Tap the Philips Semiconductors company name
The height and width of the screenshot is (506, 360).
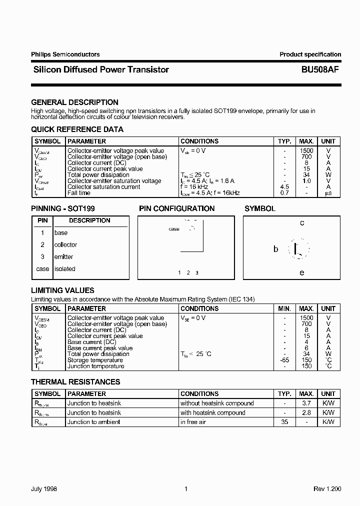coord(65,54)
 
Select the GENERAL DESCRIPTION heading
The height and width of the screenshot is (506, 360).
coord(74,102)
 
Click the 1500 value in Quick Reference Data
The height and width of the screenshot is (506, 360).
coord(306,150)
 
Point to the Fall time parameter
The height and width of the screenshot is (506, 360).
coord(79,193)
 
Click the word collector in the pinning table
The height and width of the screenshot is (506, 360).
coord(65,244)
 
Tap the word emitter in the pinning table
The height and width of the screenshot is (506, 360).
coord(63,256)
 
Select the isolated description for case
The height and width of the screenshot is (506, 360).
coord(64,268)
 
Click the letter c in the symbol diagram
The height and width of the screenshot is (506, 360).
coord(302,223)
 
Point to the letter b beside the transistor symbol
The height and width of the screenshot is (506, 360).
coord(275,248)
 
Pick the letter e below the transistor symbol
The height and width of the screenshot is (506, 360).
coord(302,272)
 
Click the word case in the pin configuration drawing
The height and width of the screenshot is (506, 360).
coord(174,229)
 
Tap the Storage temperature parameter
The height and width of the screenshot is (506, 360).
coord(95,360)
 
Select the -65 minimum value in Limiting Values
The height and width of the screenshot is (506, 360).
coord(284,360)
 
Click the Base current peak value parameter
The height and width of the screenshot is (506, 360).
coord(100,348)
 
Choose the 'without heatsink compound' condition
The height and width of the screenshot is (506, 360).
coord(217,403)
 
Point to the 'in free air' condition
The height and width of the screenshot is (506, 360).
coord(194,422)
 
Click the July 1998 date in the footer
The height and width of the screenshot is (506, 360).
coord(44,489)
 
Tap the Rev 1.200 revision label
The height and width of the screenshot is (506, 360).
coord(326,489)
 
